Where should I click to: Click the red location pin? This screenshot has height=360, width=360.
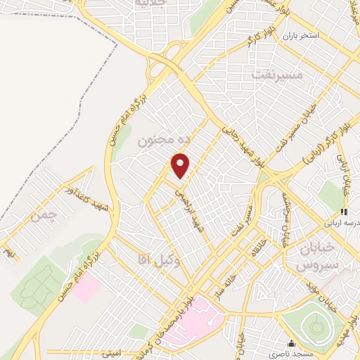coord(181,166)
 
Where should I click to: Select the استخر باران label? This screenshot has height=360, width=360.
coord(302,34)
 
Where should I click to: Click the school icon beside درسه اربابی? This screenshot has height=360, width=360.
coord(344,212)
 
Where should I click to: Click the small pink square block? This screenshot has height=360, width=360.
coord(86,288)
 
